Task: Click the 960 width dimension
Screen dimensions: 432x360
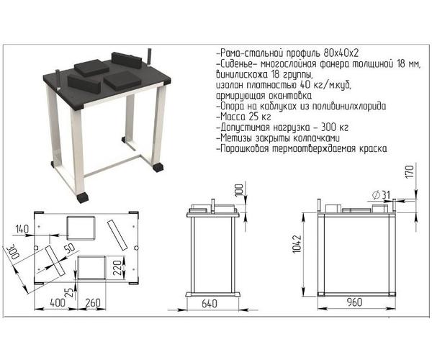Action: (x=354, y=302)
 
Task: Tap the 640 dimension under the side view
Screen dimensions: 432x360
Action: (x=210, y=304)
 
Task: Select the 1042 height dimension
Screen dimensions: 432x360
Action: (x=298, y=244)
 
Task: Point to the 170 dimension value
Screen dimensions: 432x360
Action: (x=410, y=171)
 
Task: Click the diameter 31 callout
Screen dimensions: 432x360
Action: (x=382, y=195)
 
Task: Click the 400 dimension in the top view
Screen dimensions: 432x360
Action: (x=58, y=302)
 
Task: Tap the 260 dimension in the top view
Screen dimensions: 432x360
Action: (x=92, y=302)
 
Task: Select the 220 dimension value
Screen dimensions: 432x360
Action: (x=117, y=268)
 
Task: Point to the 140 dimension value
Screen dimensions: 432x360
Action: (x=22, y=229)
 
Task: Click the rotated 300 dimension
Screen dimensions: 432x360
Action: (x=12, y=251)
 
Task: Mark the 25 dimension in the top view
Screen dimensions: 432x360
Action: (x=71, y=292)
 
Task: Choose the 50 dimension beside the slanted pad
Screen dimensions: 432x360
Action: (x=70, y=248)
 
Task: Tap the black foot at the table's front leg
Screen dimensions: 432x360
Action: (x=83, y=198)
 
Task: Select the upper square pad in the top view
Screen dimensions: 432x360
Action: (x=81, y=228)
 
